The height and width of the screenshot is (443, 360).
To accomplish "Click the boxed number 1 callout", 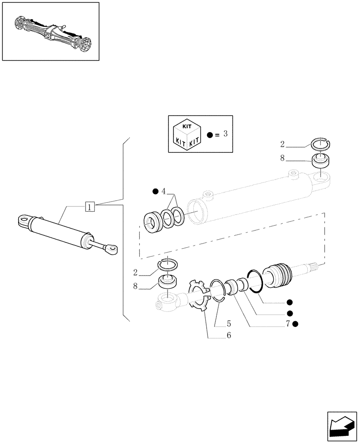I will pos(90,206).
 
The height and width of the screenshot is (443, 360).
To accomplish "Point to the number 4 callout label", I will pos(164,191).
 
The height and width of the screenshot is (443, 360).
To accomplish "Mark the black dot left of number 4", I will pos(155,191).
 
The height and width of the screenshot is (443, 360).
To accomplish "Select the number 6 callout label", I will pos(229,335).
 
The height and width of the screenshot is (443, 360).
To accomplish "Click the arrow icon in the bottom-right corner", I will pos(341,425).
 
